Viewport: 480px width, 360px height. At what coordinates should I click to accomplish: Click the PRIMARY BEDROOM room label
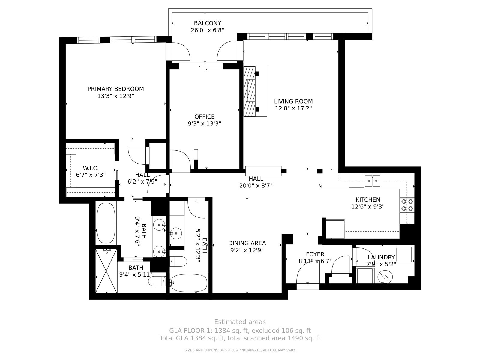coord(116,89)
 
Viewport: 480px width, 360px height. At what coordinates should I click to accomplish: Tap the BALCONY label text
coord(208,23)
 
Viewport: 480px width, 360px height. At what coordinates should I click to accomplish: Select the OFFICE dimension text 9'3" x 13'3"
coord(205,124)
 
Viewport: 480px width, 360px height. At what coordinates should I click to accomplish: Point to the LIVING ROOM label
coord(293,101)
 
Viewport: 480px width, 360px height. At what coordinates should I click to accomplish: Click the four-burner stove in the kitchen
coord(407,205)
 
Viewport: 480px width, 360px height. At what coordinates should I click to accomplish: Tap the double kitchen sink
coord(372,181)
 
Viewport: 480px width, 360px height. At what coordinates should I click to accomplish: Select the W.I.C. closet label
coord(91,168)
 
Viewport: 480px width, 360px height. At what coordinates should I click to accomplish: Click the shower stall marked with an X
coord(106,271)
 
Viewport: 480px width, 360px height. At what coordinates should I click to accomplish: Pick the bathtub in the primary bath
coord(106,223)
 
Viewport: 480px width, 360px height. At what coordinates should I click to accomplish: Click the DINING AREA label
coord(247,243)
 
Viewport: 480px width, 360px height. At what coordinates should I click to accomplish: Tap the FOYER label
coord(315,254)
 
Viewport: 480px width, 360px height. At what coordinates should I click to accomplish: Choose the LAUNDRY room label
coord(381,257)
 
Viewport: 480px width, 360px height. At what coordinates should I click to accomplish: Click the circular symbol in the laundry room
coord(385,277)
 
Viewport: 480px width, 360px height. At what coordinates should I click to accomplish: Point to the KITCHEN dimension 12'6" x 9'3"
coord(368,207)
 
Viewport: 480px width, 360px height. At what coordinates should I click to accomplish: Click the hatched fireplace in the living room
coord(250,91)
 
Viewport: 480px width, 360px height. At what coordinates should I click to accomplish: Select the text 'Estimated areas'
coord(240,322)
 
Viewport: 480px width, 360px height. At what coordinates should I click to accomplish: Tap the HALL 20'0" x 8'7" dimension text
coord(256,186)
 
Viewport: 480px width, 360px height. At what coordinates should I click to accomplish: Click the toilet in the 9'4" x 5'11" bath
coord(157,281)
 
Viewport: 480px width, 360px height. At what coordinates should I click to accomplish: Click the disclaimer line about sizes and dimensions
coord(240,350)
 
